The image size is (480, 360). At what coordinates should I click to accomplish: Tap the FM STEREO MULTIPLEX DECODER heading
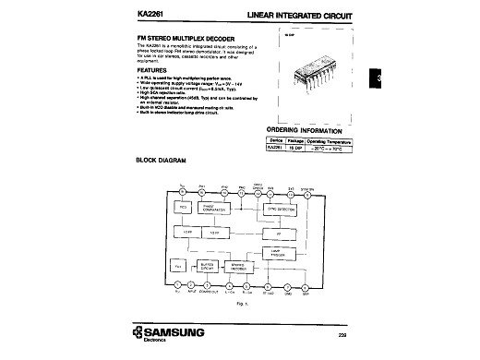click(186, 37)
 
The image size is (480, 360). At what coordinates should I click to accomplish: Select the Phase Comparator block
click(231, 207)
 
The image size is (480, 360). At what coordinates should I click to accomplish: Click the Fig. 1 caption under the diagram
click(242, 303)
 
